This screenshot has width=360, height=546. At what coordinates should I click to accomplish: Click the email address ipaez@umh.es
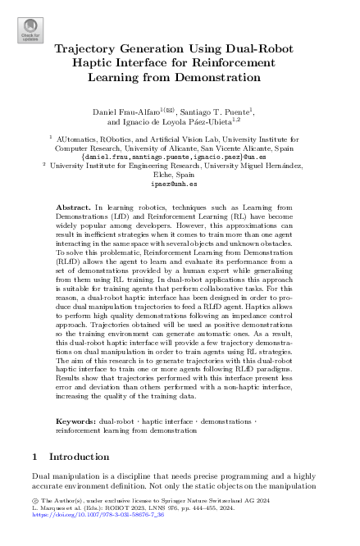tap(180, 185)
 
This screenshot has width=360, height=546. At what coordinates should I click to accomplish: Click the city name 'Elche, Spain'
tap(180, 175)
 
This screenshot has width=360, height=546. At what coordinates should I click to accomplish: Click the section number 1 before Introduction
tap(34, 456)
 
